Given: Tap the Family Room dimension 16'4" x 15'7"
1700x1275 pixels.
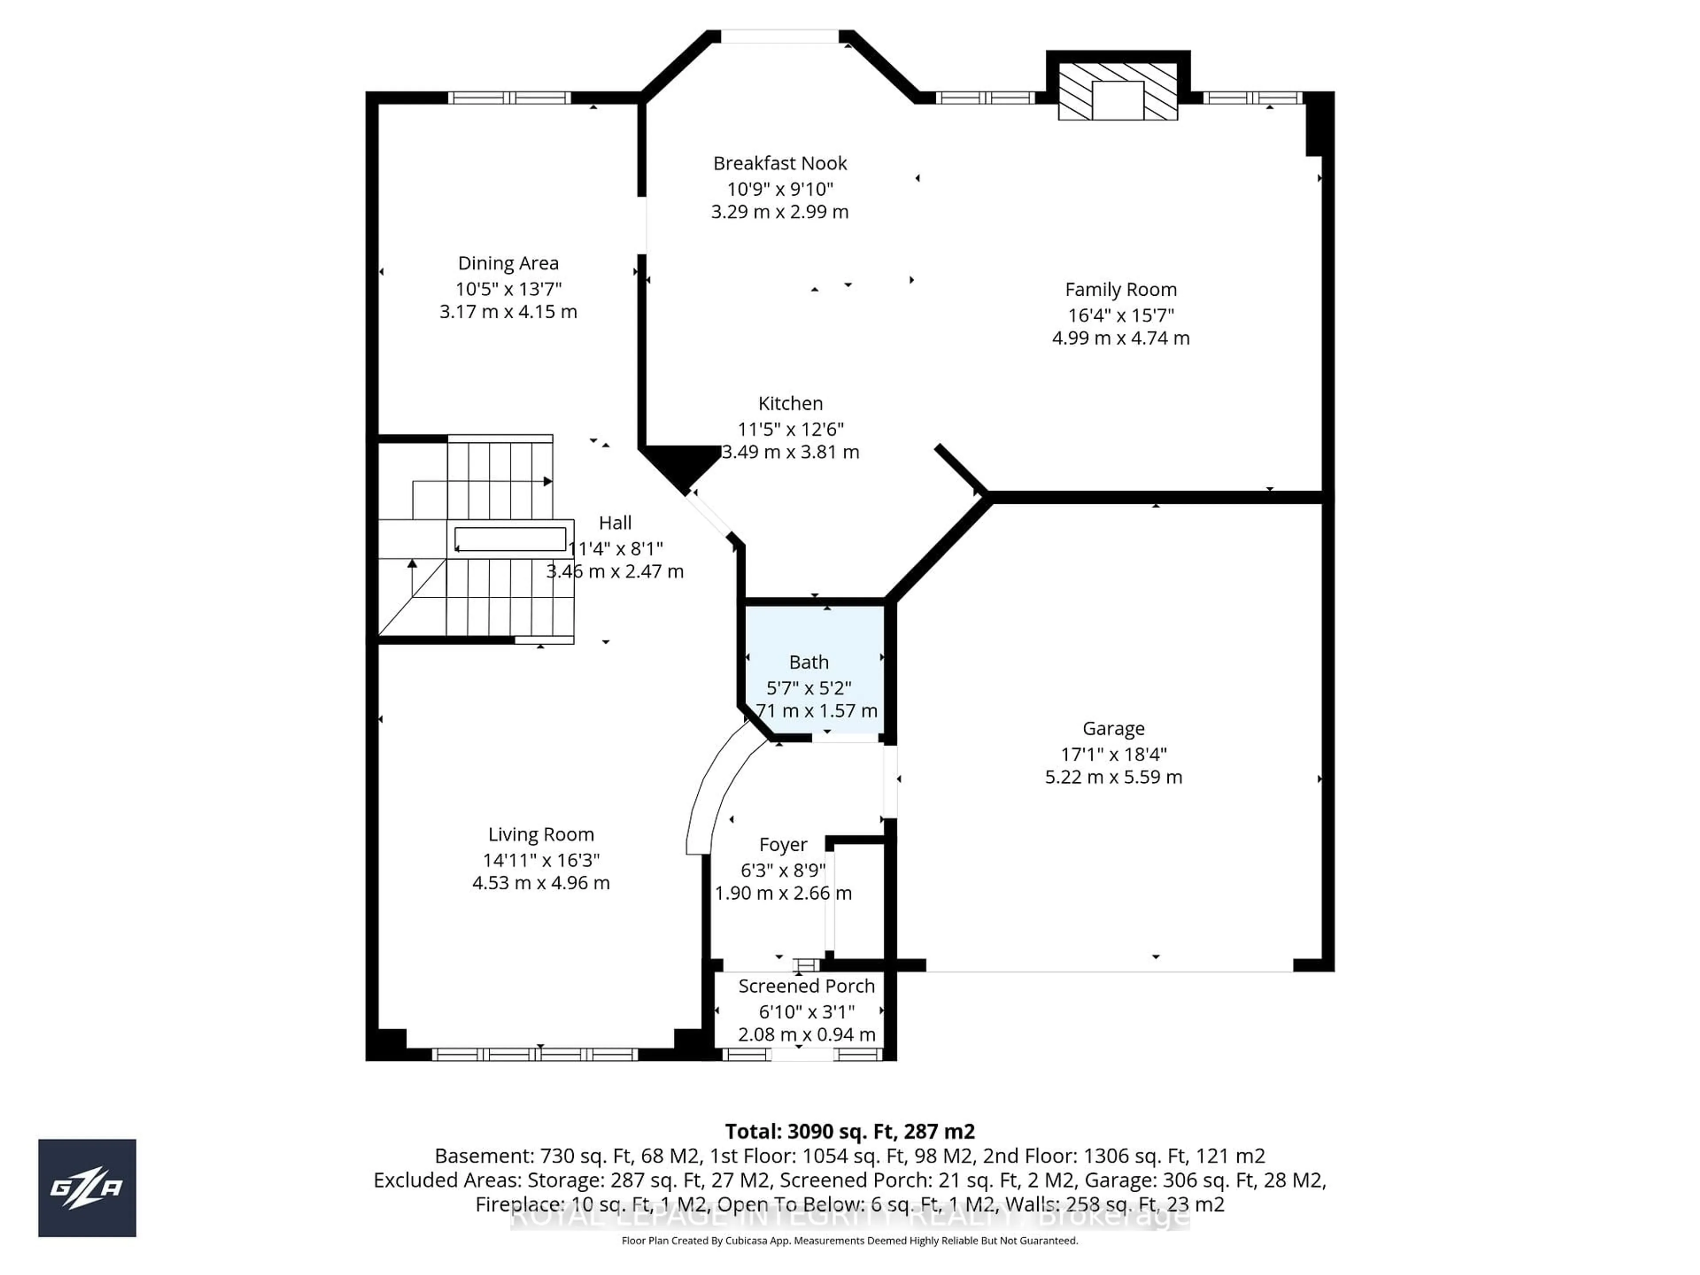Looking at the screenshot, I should coord(1120,315).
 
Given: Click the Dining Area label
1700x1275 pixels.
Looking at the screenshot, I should coord(508,263).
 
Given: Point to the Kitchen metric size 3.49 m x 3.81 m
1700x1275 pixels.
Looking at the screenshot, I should coord(790,452).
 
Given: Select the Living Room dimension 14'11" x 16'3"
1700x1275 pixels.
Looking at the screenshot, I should coord(541,860).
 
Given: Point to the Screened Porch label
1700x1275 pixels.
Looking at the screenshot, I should coord(806,986).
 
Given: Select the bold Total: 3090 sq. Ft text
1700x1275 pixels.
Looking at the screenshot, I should coord(849,1131).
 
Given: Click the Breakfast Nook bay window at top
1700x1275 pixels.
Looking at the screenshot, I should coord(779,36).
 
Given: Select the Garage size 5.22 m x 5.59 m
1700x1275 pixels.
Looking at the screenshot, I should coord(1113,777).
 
